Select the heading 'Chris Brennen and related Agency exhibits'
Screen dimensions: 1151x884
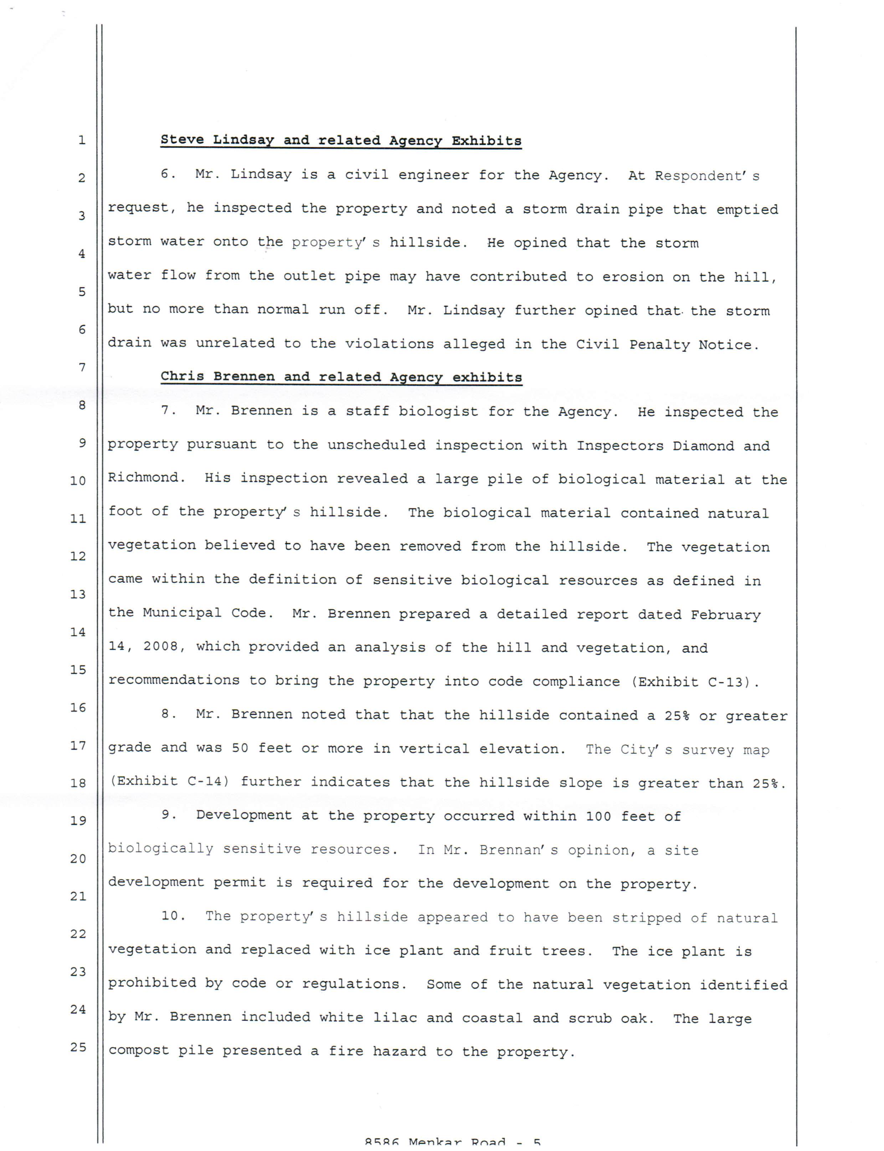[x=341, y=377]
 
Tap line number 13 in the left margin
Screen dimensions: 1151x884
[x=78, y=594]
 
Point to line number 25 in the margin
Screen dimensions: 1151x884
[x=78, y=1047]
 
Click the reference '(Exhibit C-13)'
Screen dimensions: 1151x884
[x=695, y=682]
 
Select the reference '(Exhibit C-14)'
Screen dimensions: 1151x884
[x=169, y=781]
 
